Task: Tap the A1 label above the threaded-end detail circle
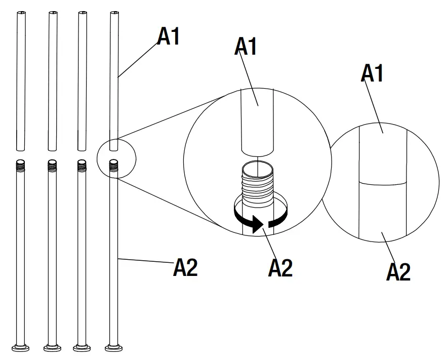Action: point(247,47)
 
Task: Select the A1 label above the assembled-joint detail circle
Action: point(372,73)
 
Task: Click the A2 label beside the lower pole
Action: point(185,268)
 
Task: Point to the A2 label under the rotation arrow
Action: point(280,268)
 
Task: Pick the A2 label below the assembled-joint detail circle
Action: point(398,272)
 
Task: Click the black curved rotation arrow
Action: point(258,223)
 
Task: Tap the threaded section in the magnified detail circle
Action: point(257,189)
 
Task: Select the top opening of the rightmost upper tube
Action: point(114,13)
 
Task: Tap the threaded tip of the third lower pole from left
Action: point(82,165)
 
